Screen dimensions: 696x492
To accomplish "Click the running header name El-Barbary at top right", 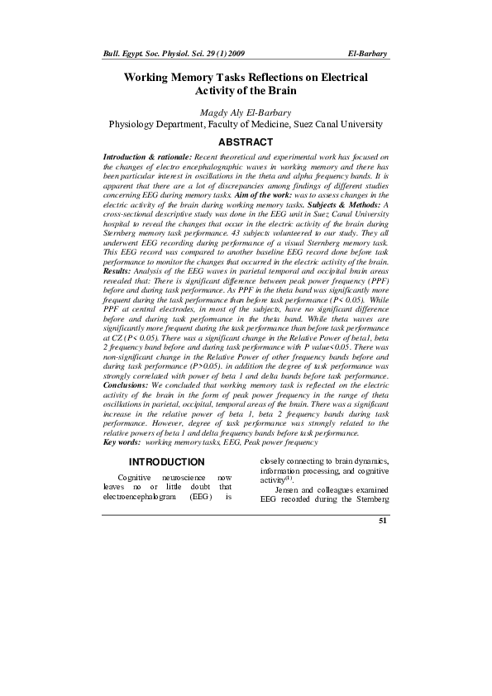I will (x=369, y=53).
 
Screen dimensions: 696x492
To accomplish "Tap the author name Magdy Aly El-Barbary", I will (x=246, y=112).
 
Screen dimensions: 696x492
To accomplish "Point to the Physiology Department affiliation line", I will (x=246, y=125).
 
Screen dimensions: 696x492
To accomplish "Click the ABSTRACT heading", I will (x=246, y=142).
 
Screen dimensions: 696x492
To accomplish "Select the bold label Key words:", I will (x=122, y=442).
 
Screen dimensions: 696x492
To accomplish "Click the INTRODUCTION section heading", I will (x=166, y=461).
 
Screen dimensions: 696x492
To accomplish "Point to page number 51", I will (x=382, y=521).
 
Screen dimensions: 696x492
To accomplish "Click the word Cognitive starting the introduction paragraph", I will (x=134, y=478).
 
